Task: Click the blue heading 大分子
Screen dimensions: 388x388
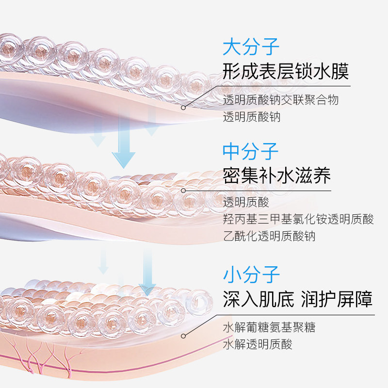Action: pos(251,48)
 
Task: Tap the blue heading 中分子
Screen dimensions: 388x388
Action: pos(251,151)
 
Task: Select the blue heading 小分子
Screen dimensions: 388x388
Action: pos(251,275)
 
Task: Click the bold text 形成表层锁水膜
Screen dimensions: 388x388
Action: pos(286,72)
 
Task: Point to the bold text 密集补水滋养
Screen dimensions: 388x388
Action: pos(277,176)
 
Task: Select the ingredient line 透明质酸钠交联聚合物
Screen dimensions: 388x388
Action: pos(281,100)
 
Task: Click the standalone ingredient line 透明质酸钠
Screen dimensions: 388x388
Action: pos(252,117)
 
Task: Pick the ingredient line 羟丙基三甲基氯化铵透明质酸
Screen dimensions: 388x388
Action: pos(298,219)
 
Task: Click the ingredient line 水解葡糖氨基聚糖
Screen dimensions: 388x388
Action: pos(269,327)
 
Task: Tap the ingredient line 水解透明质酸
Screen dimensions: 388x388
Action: pos(258,344)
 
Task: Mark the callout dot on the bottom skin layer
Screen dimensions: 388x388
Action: pos(183,335)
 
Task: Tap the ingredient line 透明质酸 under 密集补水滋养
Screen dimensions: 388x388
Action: pos(246,202)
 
